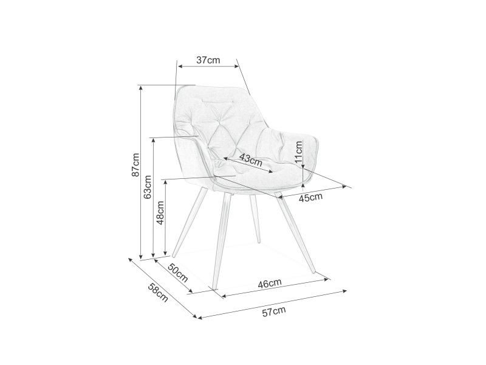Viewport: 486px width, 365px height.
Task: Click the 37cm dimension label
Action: [208, 60]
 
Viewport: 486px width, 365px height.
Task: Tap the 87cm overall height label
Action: [135, 165]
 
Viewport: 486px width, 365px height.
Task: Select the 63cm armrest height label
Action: [148, 187]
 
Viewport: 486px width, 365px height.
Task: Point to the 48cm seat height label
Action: [160, 212]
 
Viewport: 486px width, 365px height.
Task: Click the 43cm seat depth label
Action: [251, 160]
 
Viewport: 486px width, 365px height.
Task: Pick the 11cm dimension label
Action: [298, 152]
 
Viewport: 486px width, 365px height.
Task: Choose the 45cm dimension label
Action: [310, 197]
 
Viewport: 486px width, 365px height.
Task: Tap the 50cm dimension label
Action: [178, 273]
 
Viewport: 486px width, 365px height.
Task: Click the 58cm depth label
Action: [158, 293]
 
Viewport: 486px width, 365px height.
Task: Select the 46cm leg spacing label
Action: [270, 283]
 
